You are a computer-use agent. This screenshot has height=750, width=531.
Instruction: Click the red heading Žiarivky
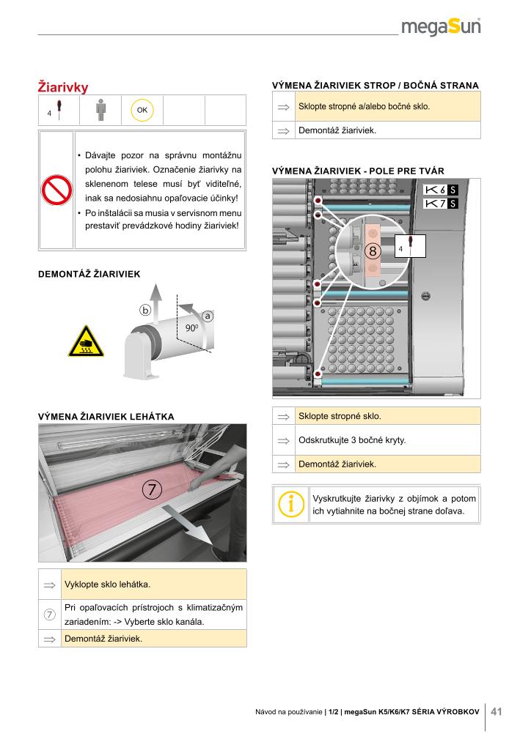[x=63, y=88]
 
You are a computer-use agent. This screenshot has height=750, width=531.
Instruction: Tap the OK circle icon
[x=142, y=110]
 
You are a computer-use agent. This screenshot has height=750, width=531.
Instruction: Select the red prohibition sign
[x=56, y=191]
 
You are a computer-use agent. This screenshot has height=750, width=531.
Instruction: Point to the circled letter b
[x=145, y=311]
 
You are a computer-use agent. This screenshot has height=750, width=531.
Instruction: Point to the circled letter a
[x=208, y=316]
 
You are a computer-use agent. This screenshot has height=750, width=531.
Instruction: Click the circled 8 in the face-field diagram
[x=373, y=251]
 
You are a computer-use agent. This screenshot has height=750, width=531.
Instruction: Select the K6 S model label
[x=442, y=189]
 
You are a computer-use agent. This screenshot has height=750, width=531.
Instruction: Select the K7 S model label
[x=442, y=203]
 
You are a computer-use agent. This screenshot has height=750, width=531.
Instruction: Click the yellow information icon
[x=291, y=504]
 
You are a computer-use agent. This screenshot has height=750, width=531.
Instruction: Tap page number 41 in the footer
[x=497, y=711]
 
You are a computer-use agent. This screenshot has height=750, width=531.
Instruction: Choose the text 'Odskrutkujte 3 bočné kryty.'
[x=352, y=441]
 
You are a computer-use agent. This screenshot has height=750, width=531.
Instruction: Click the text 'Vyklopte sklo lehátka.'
[x=107, y=584]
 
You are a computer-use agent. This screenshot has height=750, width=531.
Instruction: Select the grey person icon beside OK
[x=100, y=110]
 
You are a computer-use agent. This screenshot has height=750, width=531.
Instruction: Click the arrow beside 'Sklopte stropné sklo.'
[x=283, y=417]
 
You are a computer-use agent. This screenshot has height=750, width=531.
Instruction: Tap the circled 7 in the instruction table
[x=49, y=615]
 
